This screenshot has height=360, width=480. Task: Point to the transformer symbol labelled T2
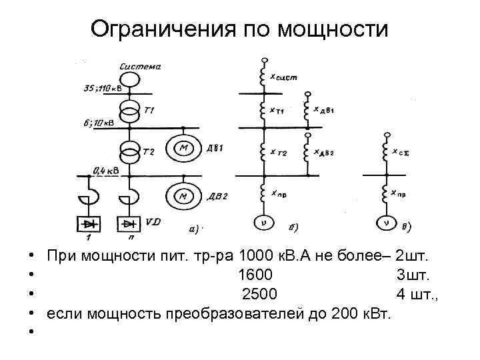131,152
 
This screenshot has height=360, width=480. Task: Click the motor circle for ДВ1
181,149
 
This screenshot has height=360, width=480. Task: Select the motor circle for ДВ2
181,195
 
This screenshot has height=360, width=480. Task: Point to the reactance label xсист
283,77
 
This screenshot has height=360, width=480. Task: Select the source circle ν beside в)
385,223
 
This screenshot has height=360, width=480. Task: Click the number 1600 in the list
255,275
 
